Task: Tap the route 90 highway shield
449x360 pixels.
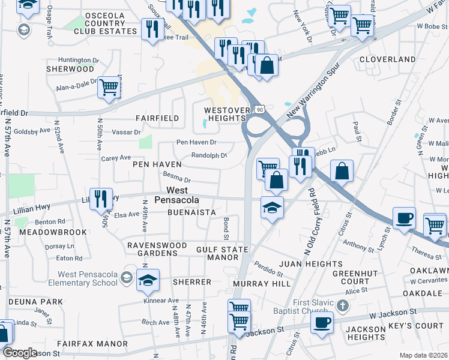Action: coord(258,109)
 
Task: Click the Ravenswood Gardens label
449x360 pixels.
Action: coord(152,249)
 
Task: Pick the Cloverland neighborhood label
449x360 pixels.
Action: coord(387,59)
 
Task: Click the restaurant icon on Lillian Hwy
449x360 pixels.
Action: coord(101,199)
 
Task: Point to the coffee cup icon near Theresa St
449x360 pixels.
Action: coord(404,218)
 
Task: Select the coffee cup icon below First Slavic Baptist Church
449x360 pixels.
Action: coord(322,323)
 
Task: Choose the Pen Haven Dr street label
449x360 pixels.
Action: coord(196,142)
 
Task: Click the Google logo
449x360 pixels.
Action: coord(20,353)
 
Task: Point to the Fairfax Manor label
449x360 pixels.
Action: coord(92,344)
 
